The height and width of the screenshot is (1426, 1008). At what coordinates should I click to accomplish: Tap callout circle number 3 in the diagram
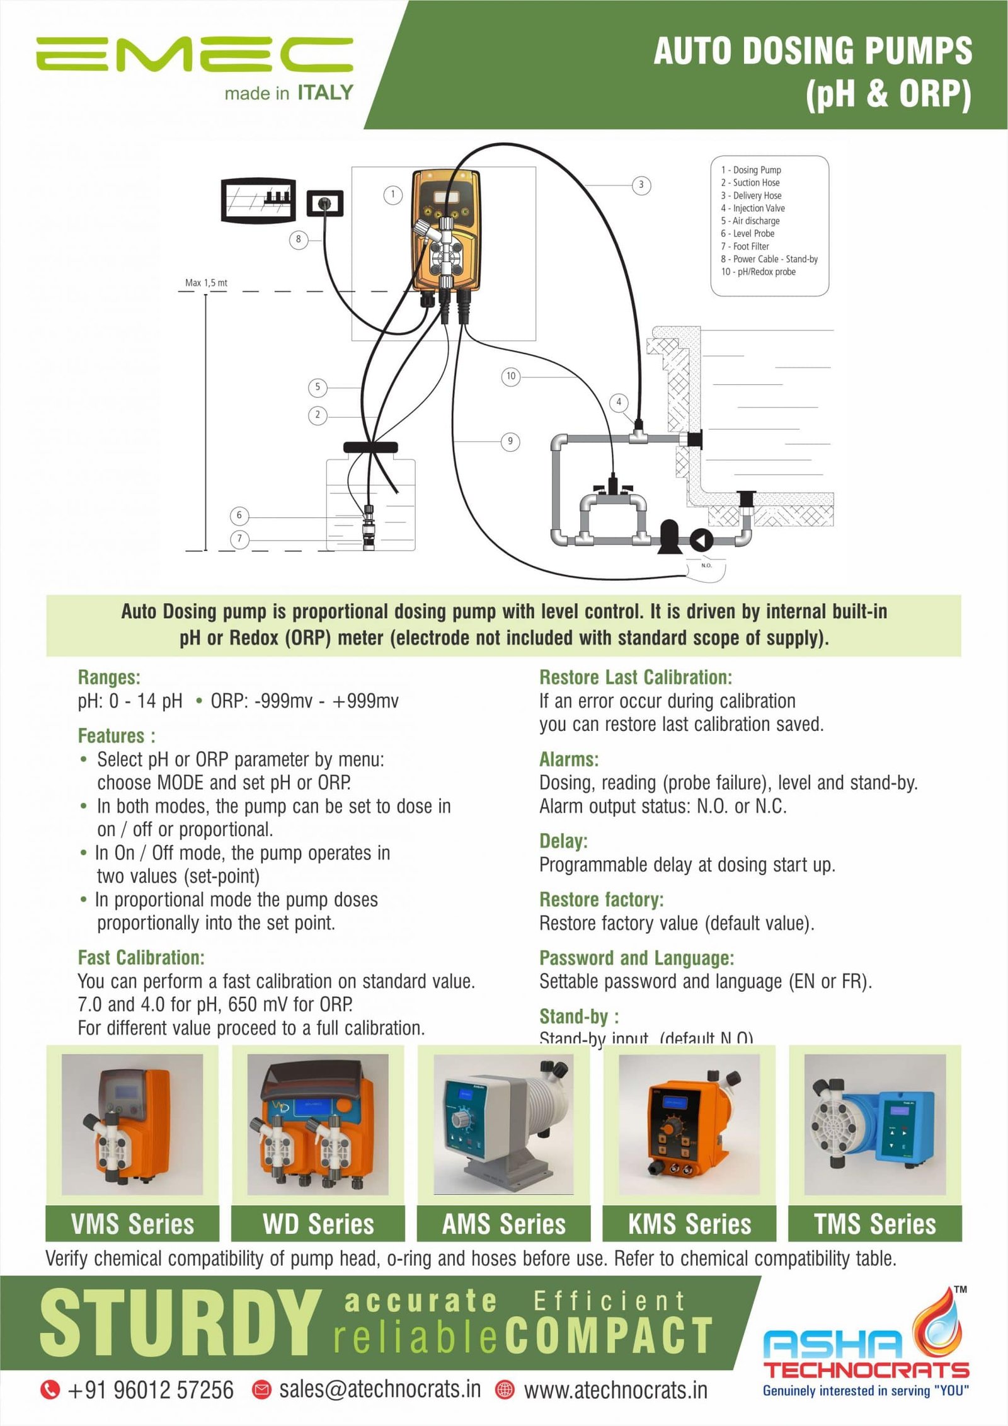point(641,185)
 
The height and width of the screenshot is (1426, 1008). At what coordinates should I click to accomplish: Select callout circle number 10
point(510,376)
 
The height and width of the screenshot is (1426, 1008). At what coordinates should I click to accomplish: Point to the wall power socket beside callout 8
point(324,204)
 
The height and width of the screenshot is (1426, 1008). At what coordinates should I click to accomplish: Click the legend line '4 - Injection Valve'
point(753,208)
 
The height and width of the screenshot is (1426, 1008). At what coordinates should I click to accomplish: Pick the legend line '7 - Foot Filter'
point(745,246)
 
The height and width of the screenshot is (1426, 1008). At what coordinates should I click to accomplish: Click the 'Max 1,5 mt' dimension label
point(206,283)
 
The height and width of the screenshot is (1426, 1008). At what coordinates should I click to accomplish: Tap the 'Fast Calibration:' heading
point(141,958)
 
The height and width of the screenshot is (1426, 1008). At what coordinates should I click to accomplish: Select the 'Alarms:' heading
point(568,759)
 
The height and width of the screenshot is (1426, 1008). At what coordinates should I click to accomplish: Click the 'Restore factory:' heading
point(601,899)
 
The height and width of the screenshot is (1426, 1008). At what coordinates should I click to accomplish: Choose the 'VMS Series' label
point(132,1224)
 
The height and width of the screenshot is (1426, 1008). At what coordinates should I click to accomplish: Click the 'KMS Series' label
point(689,1224)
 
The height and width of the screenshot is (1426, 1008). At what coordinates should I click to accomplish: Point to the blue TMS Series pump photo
point(875,1125)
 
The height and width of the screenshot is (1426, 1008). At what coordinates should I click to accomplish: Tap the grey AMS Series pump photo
point(503,1125)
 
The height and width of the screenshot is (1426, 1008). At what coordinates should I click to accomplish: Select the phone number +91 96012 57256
point(150,1389)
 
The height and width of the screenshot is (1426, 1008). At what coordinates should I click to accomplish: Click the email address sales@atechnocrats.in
point(380,1389)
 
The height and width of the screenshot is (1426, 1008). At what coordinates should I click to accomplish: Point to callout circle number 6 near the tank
point(239,515)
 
